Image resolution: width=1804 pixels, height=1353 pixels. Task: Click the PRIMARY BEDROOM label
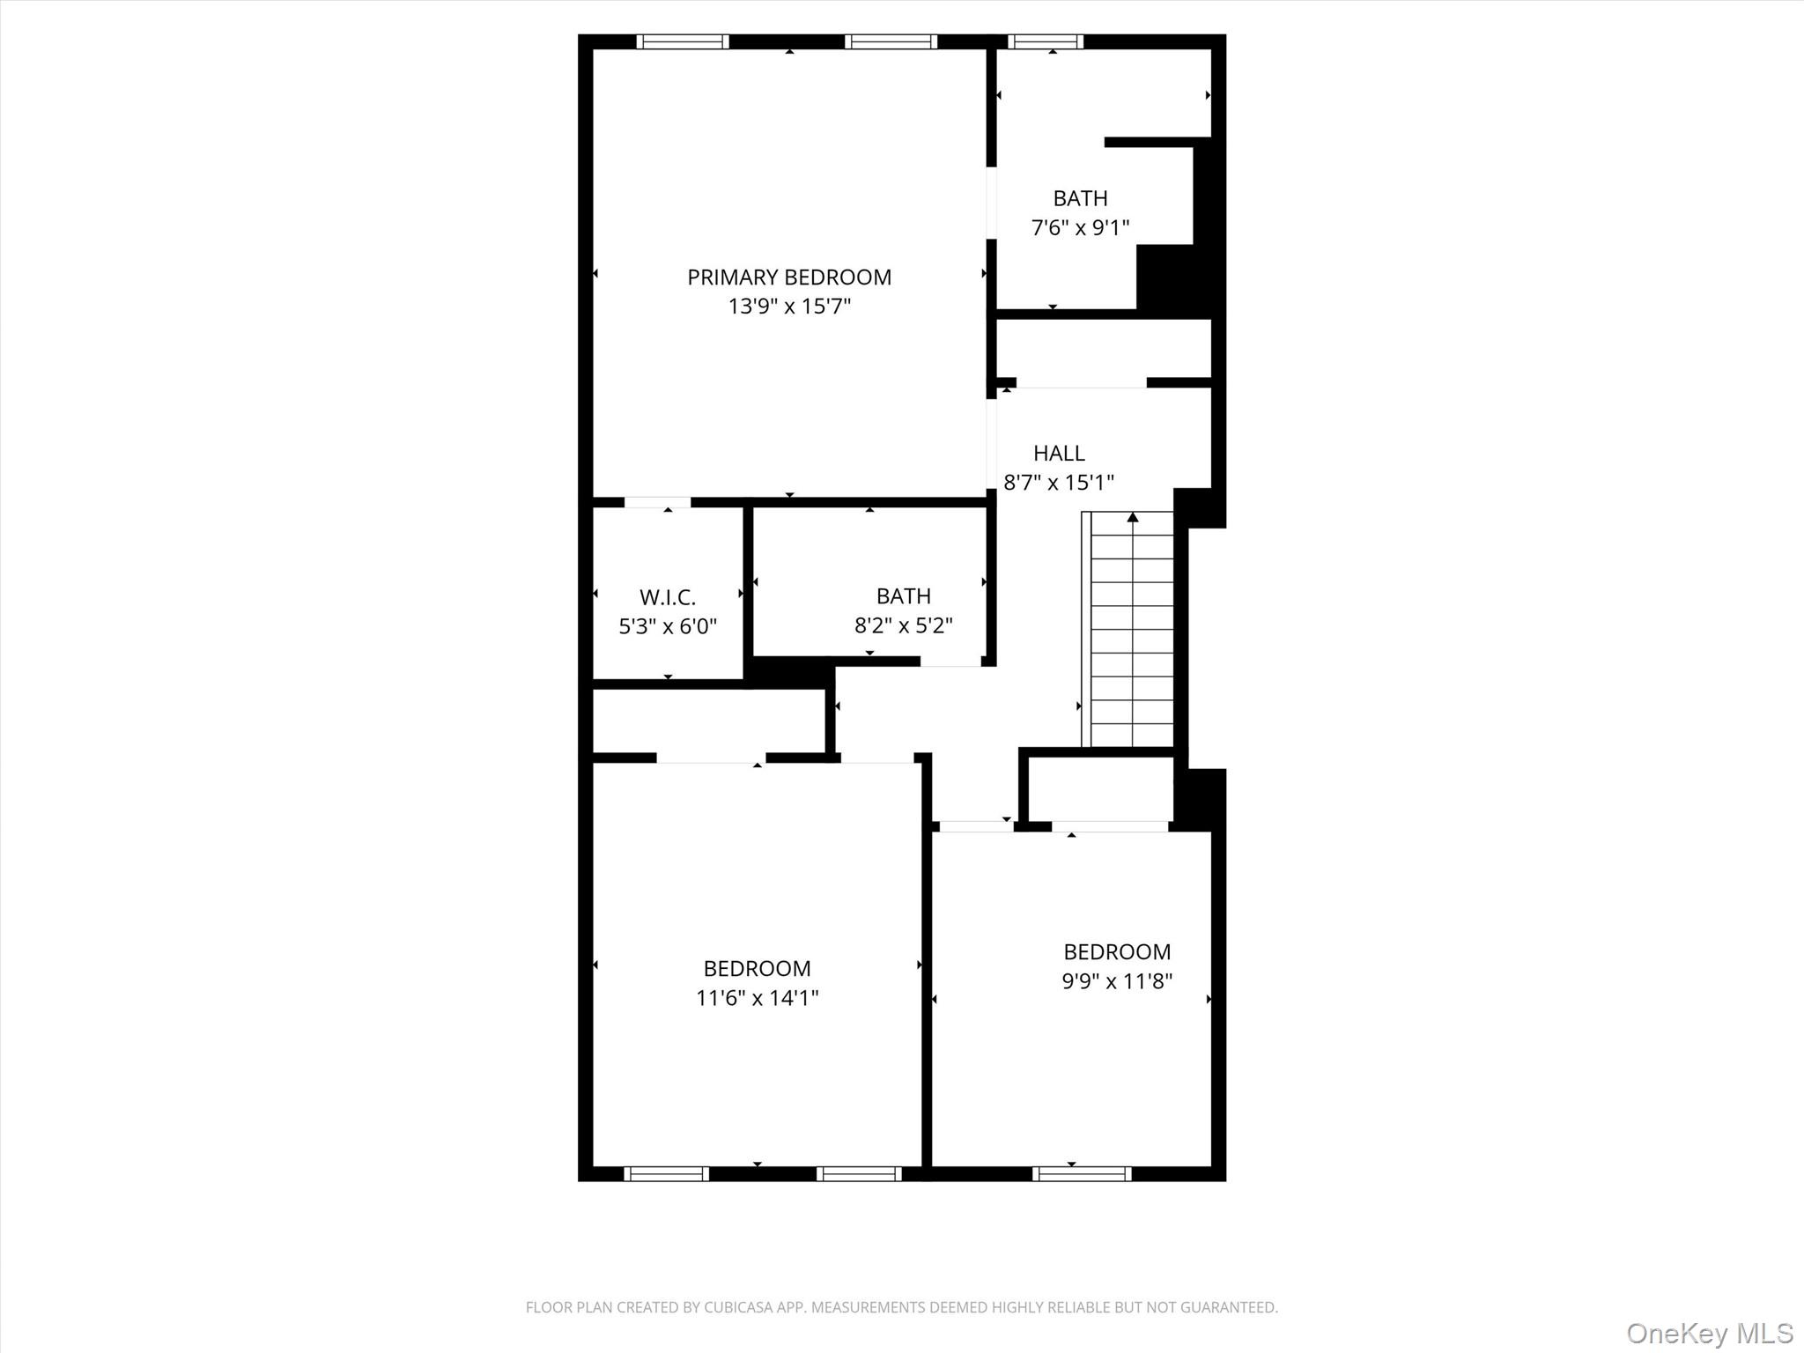tap(788, 277)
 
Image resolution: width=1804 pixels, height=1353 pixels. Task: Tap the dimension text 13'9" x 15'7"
tap(788, 307)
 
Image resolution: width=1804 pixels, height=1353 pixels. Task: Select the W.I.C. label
tap(668, 597)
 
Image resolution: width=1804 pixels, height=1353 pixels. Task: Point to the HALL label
tap(1059, 453)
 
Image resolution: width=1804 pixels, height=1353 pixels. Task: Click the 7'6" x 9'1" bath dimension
tap(1080, 228)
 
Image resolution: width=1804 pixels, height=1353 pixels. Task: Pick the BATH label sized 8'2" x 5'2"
tap(903, 596)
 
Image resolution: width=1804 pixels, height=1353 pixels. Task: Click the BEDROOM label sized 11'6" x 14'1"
tap(757, 969)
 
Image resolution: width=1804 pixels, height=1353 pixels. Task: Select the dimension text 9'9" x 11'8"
tap(1116, 981)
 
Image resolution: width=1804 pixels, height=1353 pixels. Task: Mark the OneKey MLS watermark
tap(1709, 1333)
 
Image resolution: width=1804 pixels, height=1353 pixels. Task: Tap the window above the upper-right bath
tap(1046, 41)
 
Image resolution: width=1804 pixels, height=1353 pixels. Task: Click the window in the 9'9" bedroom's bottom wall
tap(1082, 1173)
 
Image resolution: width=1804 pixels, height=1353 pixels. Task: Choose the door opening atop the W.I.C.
tap(657, 502)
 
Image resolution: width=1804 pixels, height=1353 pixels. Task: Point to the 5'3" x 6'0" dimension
tap(668, 626)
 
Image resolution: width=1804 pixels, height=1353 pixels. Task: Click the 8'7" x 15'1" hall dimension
tap(1059, 483)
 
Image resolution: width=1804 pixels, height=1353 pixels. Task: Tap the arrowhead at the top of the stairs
tap(1133, 517)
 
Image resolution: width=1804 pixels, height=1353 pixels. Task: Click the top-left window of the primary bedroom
tap(683, 41)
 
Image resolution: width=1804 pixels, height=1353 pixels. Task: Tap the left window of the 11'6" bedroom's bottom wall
tap(666, 1173)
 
